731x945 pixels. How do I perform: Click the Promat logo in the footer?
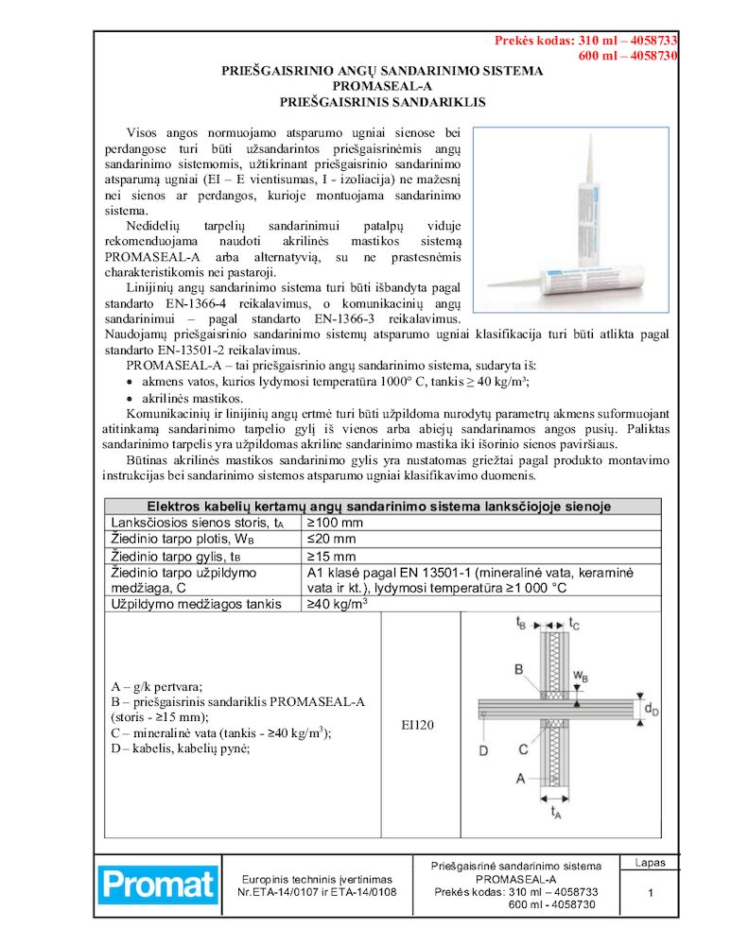pyautogui.click(x=159, y=885)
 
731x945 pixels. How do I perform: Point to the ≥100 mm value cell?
pyautogui.click(x=337, y=522)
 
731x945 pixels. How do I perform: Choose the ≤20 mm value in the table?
pyautogui.click(x=332, y=539)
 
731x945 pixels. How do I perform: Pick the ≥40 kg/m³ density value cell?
pyautogui.click(x=338, y=602)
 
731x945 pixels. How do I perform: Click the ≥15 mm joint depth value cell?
pyautogui.click(x=332, y=556)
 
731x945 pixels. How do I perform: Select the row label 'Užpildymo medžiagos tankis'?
pyautogui.click(x=187, y=603)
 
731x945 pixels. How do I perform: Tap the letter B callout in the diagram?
pyautogui.click(x=518, y=669)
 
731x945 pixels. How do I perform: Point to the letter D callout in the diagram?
pyautogui.click(x=482, y=750)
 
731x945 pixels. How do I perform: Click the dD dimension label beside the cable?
pyautogui.click(x=651, y=709)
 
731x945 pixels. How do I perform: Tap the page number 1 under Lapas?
pyautogui.click(x=651, y=893)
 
